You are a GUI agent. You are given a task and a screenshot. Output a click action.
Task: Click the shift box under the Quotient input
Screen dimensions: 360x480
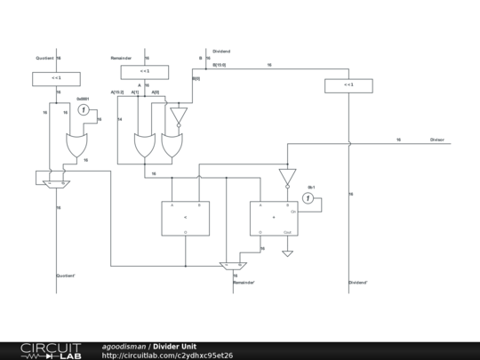coord(58,78)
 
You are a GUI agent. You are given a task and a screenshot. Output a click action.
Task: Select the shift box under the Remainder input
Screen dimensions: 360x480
coord(144,71)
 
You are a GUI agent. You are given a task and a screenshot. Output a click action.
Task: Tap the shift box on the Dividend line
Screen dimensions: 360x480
coord(348,85)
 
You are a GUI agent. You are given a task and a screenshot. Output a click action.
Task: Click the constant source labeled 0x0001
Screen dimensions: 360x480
coord(84,109)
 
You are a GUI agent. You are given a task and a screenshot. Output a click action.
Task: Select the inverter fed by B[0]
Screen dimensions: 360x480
coord(179,116)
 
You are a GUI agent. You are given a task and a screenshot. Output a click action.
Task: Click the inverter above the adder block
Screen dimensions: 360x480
coord(287,176)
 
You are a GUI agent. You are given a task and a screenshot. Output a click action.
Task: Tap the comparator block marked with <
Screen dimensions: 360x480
coord(186,218)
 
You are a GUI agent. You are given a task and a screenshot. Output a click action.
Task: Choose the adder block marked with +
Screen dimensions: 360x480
coord(274,218)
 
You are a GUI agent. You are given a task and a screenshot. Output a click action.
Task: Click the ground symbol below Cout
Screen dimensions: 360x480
coord(287,253)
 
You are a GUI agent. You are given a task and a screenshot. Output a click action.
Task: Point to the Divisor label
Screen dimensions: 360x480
coord(437,140)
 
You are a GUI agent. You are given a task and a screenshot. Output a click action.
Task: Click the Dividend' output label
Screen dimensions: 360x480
coord(358,283)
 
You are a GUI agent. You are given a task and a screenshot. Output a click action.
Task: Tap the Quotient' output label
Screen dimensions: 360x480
coord(67,276)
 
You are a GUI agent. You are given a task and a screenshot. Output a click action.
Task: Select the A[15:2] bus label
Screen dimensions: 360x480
coord(117,92)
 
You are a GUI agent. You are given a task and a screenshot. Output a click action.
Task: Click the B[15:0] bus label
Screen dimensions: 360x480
coord(220,65)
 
